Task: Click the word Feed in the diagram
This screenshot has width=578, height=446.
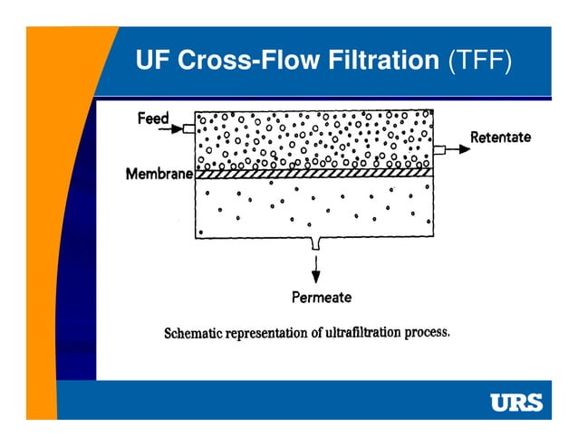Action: tap(153, 118)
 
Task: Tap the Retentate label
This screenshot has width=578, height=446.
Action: tap(500, 137)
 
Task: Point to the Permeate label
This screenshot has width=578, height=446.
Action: tap(321, 296)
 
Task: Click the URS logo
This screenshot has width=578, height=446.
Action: tap(515, 403)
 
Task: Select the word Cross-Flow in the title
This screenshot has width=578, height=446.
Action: tap(238, 61)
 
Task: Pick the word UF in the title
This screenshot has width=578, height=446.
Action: tap(151, 61)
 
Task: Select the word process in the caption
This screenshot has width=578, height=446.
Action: tap(427, 331)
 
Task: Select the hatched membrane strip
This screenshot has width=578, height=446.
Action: tap(313, 174)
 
